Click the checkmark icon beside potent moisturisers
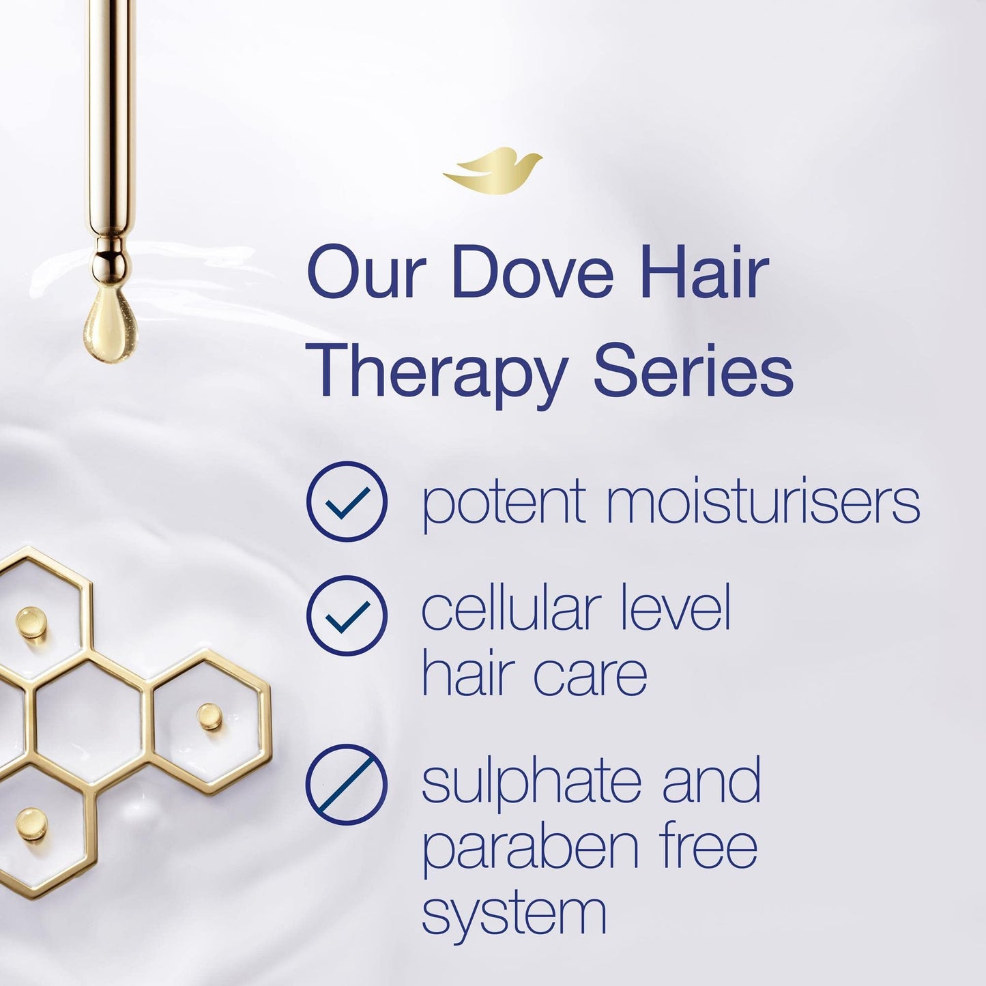(347, 502)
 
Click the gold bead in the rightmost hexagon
(208, 716)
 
